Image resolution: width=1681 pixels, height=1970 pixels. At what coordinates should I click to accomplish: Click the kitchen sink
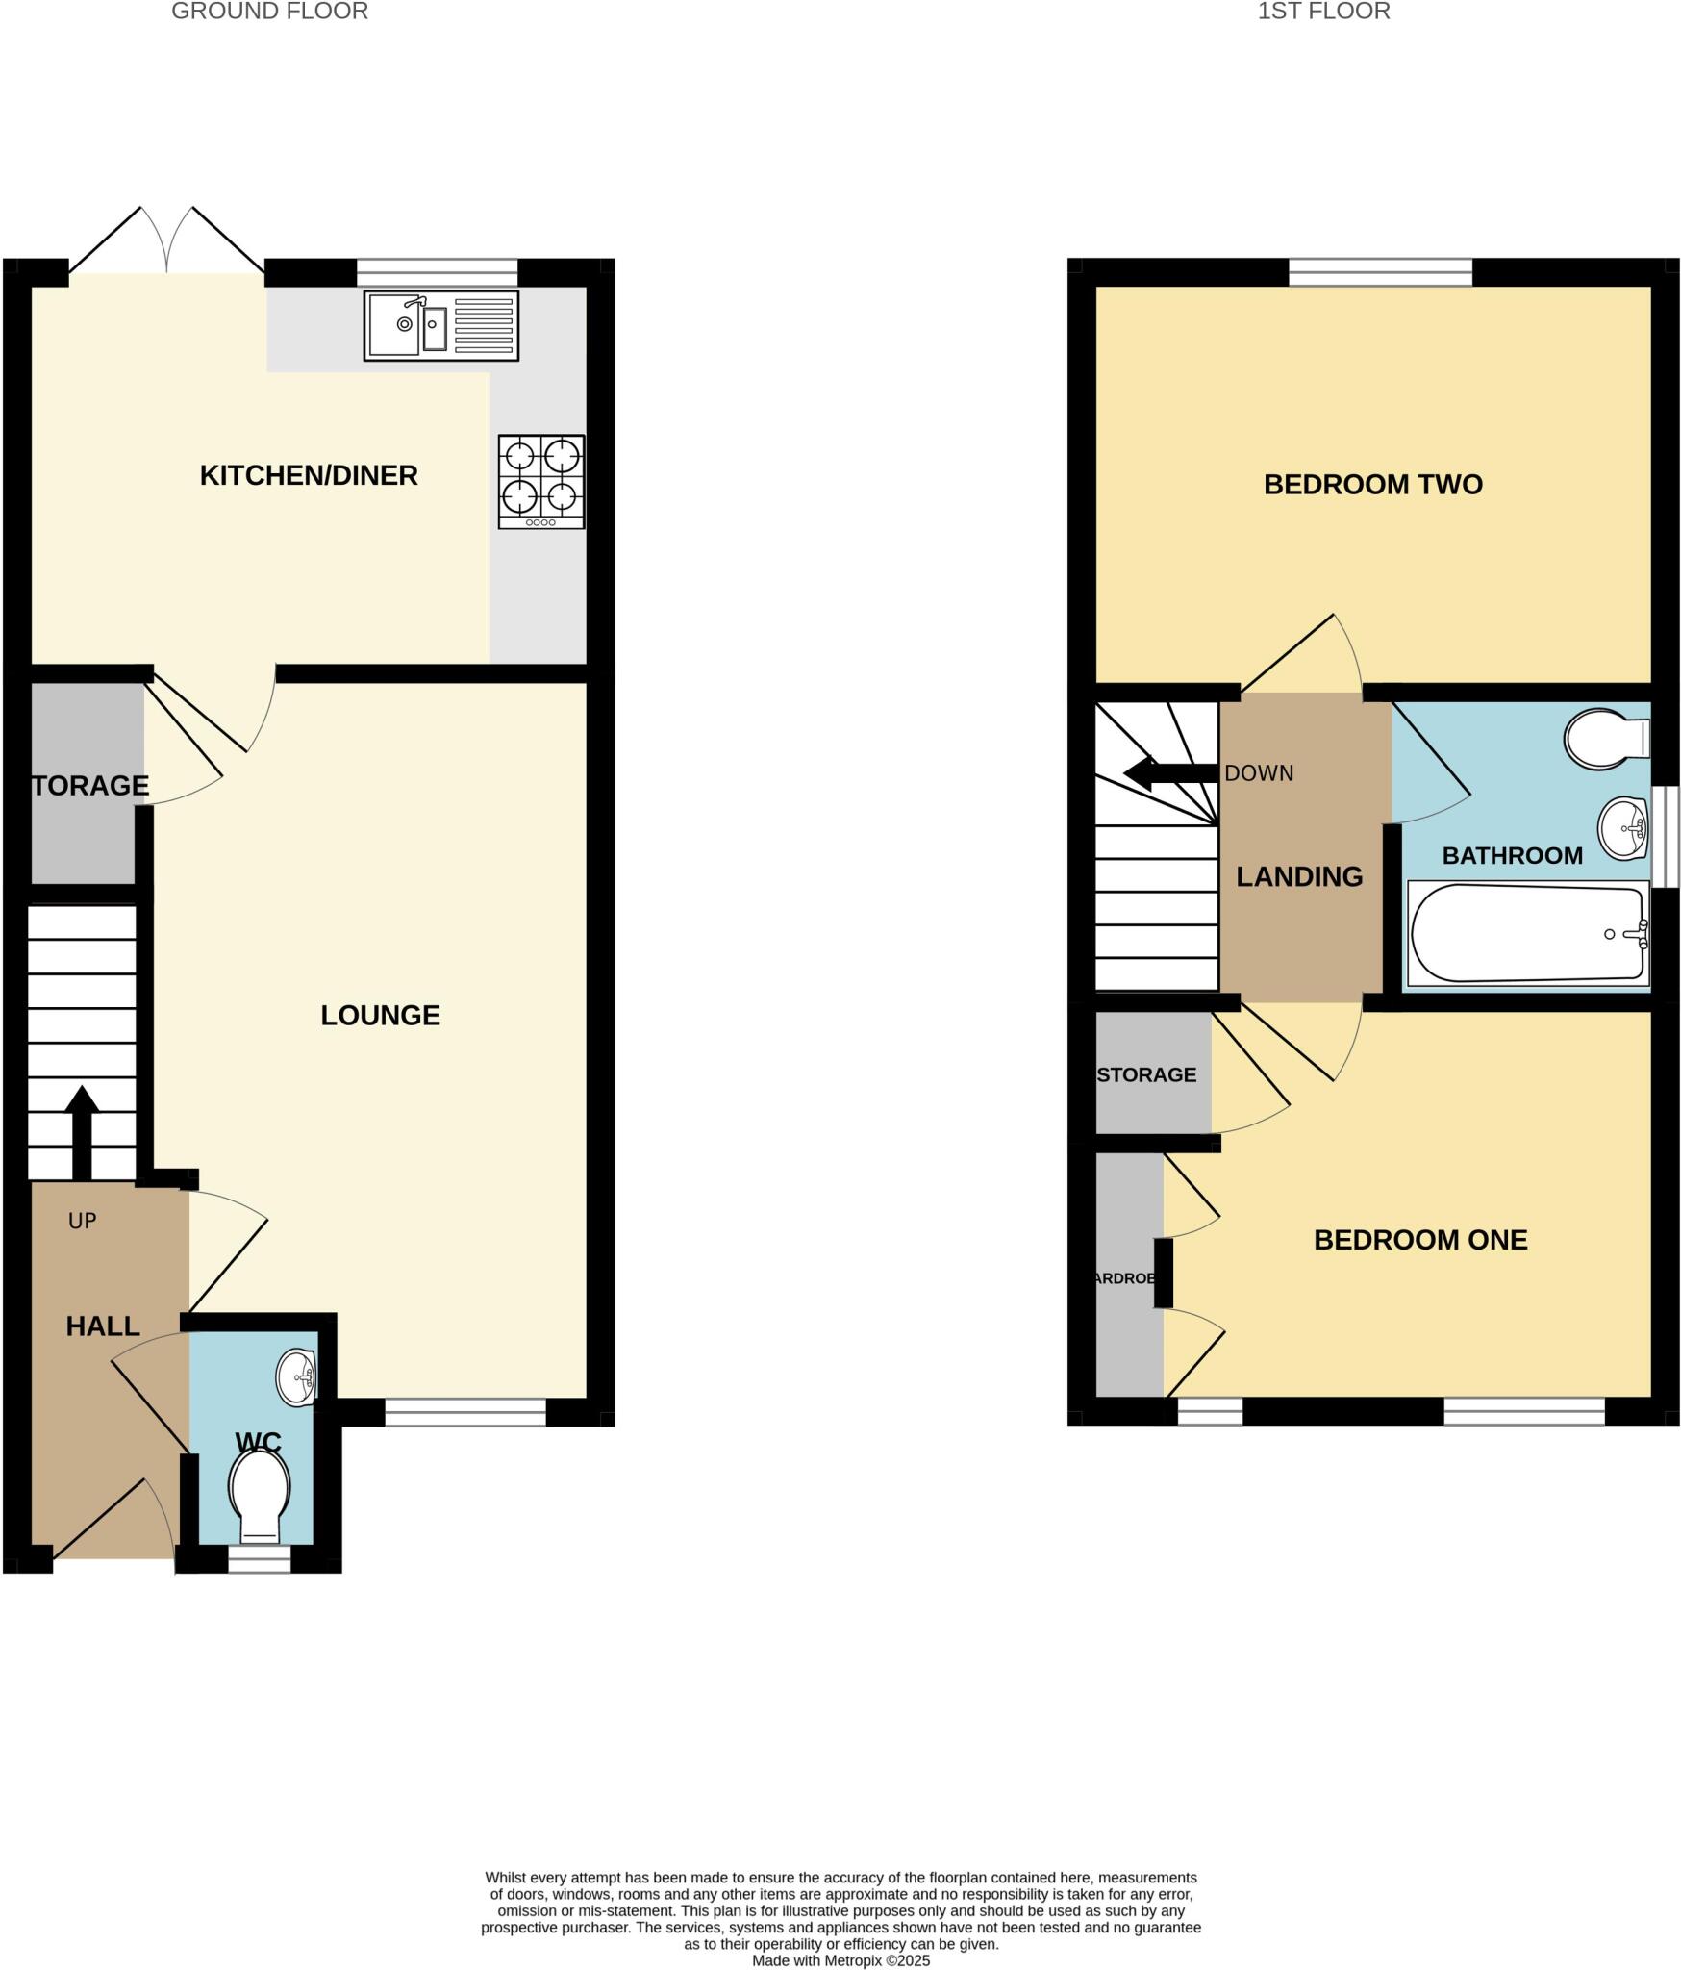pos(440,325)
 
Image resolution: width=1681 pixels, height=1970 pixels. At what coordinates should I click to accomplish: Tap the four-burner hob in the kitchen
pos(541,481)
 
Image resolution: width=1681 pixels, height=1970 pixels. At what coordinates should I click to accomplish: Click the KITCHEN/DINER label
pos(309,475)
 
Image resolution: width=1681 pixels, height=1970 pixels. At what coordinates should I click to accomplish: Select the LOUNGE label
pos(380,1015)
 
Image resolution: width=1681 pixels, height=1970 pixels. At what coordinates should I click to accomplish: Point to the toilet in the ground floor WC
pos(260,1490)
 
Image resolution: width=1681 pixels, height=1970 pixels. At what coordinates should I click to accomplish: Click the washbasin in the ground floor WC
pos(296,1377)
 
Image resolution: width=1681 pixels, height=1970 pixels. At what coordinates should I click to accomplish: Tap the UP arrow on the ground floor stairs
pos(82,1131)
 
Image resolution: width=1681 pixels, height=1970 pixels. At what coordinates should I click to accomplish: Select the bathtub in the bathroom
pos(1527,933)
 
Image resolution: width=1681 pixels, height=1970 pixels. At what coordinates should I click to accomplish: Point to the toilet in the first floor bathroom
pos(1606,739)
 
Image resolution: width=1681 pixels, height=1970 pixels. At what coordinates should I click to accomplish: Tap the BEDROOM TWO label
pos(1372,484)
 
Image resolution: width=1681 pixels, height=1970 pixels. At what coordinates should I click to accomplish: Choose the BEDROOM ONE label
pos(1419,1240)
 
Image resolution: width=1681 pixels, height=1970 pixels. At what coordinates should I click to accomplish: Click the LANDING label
pos(1299,876)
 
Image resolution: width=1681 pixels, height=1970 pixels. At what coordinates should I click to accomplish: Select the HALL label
pos(103,1326)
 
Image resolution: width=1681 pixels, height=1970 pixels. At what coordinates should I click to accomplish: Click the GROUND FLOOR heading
pos(269,12)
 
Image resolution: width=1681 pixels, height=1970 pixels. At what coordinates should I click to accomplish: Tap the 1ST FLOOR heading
pos(1323,12)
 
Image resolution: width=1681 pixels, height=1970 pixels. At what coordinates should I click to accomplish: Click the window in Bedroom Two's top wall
pos(1380,272)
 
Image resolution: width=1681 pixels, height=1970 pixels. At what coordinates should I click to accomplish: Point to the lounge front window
pos(465,1412)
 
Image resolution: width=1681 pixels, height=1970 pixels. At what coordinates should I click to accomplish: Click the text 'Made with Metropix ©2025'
pos(840,1960)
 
